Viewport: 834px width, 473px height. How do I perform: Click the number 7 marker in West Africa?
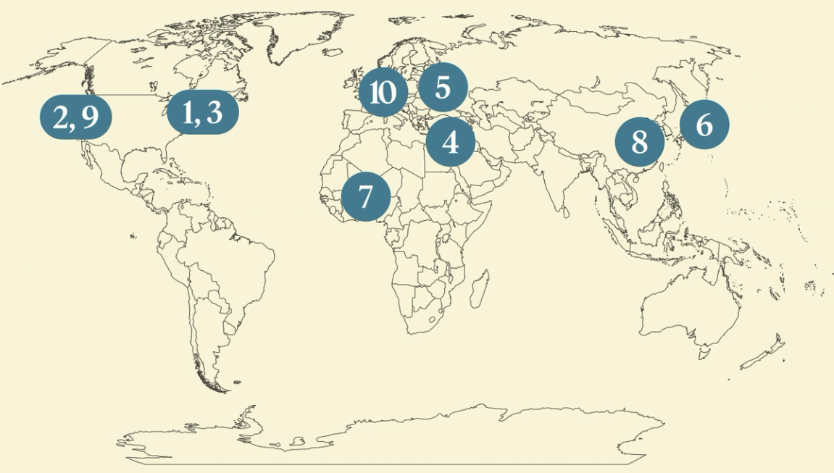[x=366, y=196]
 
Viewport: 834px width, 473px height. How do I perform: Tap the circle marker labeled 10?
[x=383, y=92]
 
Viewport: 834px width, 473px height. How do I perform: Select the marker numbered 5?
[x=443, y=88]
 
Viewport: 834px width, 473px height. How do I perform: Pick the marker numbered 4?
[x=450, y=142]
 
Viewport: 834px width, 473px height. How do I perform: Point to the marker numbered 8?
[x=639, y=142]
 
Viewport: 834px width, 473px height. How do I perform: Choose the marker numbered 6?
[x=704, y=125]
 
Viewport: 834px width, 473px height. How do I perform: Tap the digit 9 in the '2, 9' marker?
[x=91, y=117]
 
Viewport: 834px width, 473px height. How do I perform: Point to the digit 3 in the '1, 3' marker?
[x=214, y=113]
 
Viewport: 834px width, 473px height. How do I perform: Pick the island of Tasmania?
[x=702, y=352]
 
